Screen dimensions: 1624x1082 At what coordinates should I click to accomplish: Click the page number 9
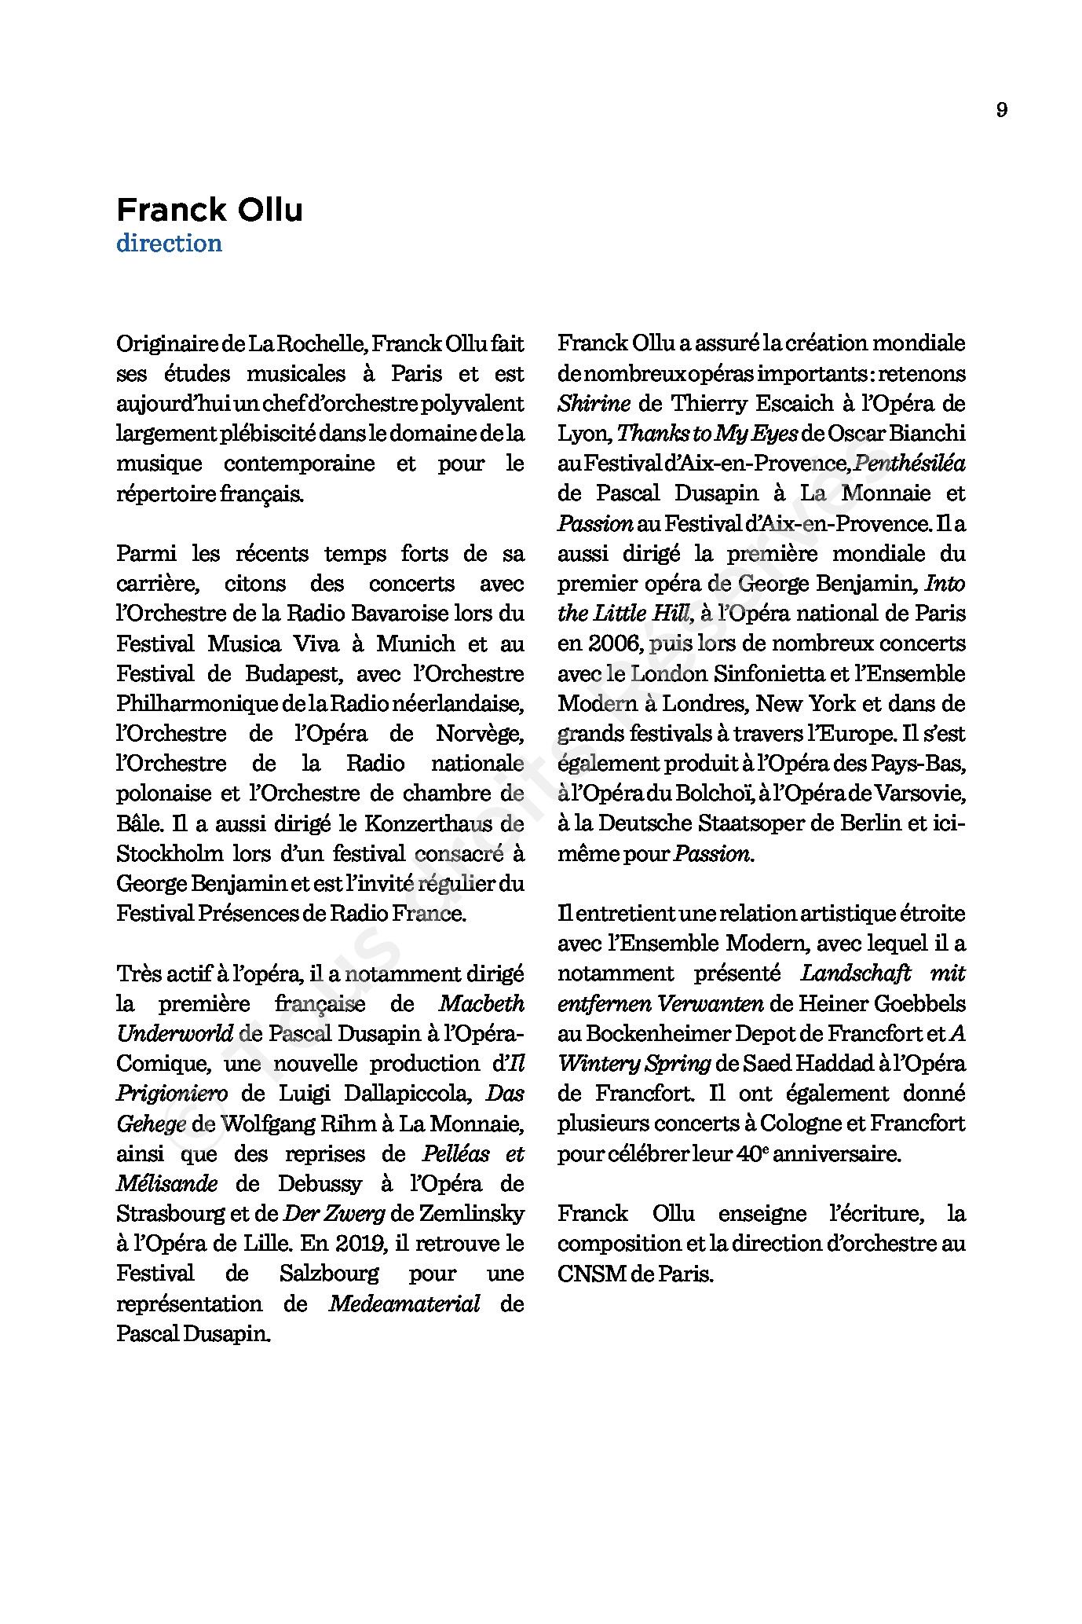point(1001,110)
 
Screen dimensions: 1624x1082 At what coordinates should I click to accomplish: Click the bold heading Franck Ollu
point(209,211)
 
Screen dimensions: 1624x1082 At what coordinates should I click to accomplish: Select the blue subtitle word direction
point(169,244)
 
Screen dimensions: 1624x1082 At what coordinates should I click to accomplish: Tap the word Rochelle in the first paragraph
point(317,343)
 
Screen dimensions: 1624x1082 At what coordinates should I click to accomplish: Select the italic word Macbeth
point(481,1004)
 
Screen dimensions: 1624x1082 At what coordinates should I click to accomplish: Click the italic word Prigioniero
point(172,1094)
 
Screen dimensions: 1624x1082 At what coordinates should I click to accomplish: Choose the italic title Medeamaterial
point(404,1304)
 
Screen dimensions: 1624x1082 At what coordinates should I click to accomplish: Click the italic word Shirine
point(594,404)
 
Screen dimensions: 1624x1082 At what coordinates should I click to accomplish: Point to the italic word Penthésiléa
point(909,464)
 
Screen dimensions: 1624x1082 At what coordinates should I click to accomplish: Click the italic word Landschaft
point(855,973)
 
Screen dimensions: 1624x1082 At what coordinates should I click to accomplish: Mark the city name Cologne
point(802,1124)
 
